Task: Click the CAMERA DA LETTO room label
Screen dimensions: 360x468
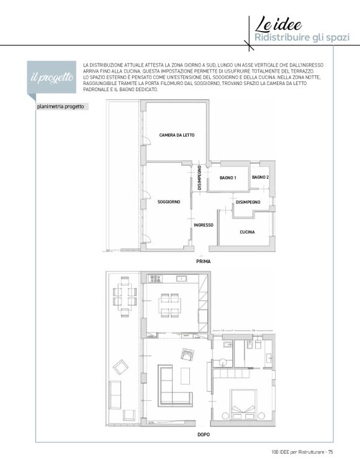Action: click(177, 135)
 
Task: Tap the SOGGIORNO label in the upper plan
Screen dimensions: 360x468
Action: click(169, 202)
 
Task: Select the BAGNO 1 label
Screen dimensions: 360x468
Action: click(228, 178)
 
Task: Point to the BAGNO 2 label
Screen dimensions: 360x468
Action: click(260, 178)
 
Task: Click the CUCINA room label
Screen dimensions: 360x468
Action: click(248, 232)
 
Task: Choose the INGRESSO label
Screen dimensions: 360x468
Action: click(204, 225)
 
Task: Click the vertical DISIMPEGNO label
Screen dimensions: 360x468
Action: click(199, 178)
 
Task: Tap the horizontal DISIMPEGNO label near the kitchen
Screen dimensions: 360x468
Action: click(248, 202)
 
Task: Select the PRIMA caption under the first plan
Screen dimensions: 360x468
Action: click(204, 261)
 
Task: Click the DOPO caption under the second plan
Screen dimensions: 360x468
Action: click(204, 434)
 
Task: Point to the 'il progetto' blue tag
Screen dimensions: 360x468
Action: click(52, 78)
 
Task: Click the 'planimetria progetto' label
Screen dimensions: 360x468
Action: click(61, 107)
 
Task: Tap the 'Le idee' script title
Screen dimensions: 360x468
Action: click(278, 25)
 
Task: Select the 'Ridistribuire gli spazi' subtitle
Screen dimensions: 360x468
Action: click(302, 38)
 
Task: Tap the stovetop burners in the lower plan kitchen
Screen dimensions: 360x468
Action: click(156, 279)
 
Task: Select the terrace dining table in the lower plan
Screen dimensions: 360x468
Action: click(125, 297)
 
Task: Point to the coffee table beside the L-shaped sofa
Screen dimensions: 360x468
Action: click(185, 376)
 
